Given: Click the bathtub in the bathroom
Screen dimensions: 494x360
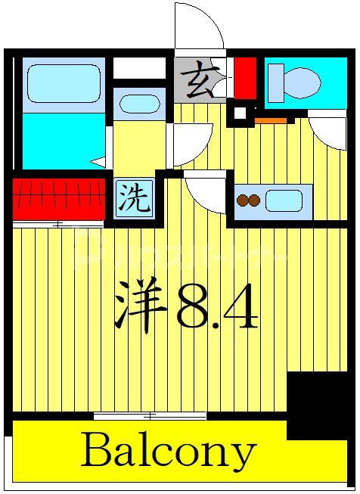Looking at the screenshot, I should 64,83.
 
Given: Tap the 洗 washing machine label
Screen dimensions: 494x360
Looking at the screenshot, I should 133,199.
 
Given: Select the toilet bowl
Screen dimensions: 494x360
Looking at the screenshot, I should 304,82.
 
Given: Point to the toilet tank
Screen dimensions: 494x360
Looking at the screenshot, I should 276,82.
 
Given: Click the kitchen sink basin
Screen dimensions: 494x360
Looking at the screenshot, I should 284,200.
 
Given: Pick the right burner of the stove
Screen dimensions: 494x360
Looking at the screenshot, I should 255,200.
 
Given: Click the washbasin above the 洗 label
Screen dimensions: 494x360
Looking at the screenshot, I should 139,104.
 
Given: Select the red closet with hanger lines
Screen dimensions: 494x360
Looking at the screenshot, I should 58,198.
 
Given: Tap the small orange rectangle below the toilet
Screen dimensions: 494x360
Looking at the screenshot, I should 271,120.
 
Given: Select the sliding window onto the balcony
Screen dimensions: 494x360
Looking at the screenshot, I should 150,415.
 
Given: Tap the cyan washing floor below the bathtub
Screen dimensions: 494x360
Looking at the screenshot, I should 61,141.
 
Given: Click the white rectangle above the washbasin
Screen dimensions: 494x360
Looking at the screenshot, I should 139,68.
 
